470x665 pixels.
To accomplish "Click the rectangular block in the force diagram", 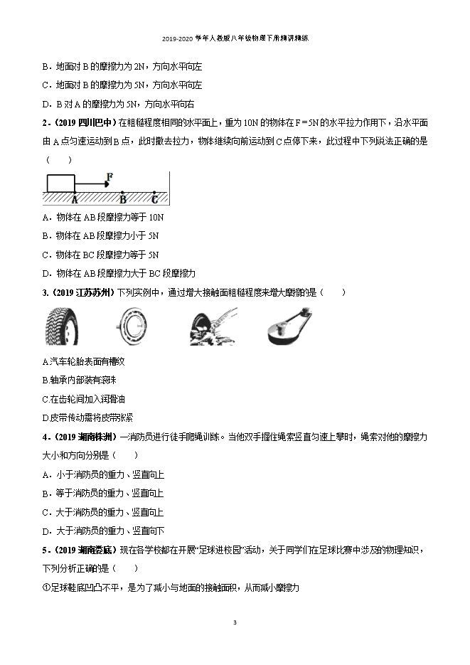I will (x=60, y=183).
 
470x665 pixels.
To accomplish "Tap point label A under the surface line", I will (x=74, y=200).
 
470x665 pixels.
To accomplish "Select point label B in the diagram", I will (x=122, y=200).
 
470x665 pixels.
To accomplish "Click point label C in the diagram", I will (x=154, y=200).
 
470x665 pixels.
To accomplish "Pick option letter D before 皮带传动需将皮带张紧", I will (x=46, y=417).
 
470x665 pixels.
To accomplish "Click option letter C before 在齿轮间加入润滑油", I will (x=46, y=399).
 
